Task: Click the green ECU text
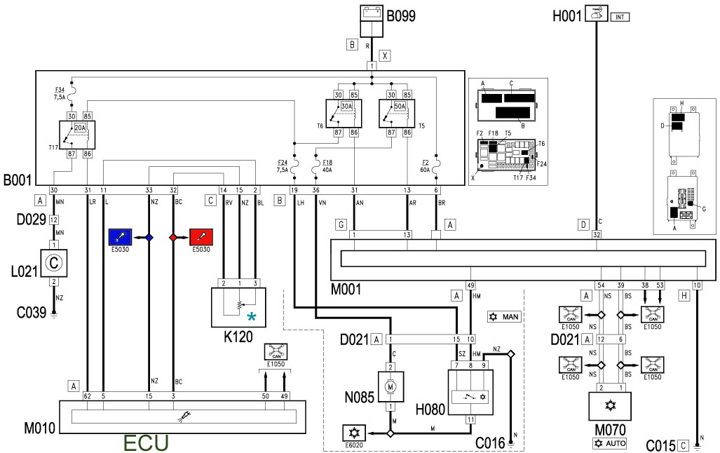pos(146,443)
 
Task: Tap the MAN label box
pos(505,317)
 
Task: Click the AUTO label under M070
pos(609,443)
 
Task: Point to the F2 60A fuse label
pos(425,165)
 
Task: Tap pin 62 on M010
pos(87,396)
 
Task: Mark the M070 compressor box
pos(609,406)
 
